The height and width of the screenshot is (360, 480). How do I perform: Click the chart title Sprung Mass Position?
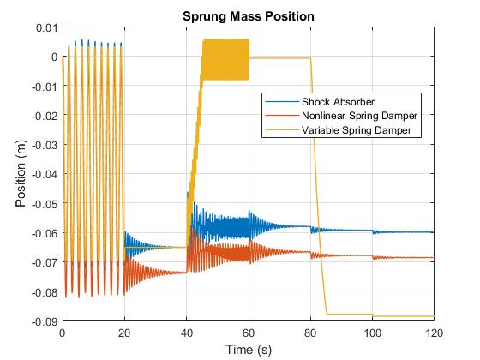tap(248, 16)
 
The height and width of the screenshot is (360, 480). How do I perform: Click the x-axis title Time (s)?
tap(248, 349)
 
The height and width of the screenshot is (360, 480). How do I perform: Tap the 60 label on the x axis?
tap(248, 333)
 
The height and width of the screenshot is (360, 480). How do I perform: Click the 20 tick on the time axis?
tap(124, 333)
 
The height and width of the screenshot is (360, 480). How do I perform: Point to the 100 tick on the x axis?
tap(372, 333)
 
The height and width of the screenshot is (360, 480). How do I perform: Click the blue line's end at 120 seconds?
tap(433, 232)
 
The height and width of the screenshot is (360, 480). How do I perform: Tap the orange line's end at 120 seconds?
tap(433, 258)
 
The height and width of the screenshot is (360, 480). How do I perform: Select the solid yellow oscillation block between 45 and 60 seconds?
tap(225, 59)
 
